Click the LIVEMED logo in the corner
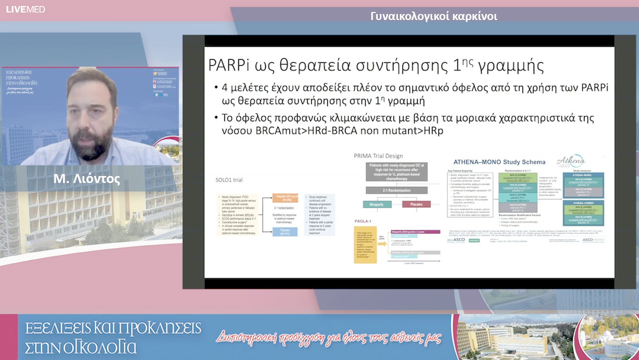(25, 9)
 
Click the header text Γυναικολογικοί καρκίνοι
(434, 16)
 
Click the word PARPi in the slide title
(226, 65)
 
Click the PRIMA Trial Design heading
(378, 156)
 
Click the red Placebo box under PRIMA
(412, 204)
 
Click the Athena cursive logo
(571, 161)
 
